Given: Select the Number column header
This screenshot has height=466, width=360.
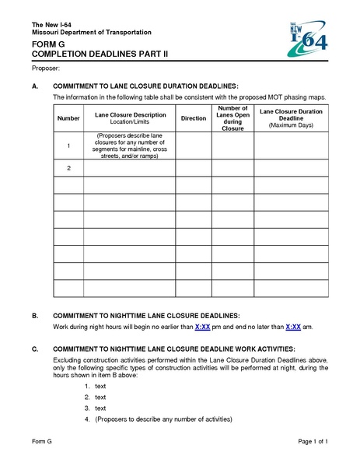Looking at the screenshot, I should point(68,118).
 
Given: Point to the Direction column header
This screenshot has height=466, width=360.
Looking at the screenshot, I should point(193,118).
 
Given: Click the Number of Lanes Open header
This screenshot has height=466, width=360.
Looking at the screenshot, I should point(232,118).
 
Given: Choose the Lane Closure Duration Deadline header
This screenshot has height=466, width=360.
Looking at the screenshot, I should point(291,117).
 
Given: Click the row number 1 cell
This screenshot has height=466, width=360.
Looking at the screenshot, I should point(68,145).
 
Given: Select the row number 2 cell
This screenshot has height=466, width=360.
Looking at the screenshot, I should point(68,168).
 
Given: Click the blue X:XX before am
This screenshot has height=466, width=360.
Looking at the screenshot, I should point(293,328).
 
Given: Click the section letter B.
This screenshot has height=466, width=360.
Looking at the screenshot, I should point(35,317).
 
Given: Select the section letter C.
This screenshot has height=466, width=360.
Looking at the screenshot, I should point(35,349).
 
